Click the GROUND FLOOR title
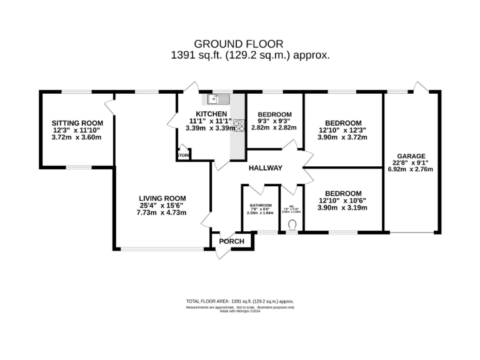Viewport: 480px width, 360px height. tap(239, 44)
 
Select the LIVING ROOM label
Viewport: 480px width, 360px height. tap(162, 198)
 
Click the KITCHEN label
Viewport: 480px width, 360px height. tap(209, 113)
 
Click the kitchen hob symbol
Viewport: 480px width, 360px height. tap(238, 125)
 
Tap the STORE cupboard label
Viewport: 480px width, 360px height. tap(184, 155)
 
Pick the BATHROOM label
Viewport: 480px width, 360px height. tap(261, 205)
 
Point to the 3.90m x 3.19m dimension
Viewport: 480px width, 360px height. tap(342, 207)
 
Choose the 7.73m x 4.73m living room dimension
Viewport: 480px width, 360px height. tap(162, 213)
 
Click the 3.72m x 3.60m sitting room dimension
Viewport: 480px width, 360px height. tap(76, 137)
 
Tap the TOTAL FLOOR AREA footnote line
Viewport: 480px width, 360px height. tap(240, 301)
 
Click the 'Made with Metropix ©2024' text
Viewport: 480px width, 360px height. tap(240, 311)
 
